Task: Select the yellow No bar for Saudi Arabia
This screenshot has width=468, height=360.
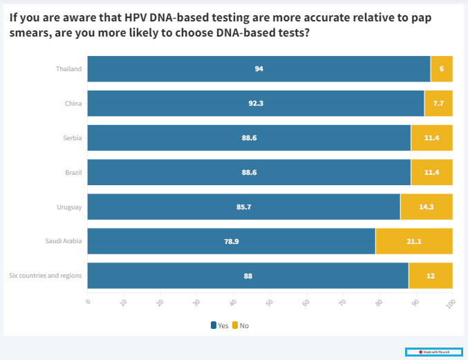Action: (414, 241)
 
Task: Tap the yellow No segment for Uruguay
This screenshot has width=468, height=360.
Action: (427, 207)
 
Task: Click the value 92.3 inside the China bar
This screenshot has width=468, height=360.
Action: (256, 103)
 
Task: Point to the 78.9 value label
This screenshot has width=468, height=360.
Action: (232, 241)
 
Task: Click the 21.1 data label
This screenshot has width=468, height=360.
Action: (414, 241)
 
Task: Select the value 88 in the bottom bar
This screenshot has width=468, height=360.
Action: (248, 276)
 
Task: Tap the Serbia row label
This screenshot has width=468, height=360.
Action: (72, 138)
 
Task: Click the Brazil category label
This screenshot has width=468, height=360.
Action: (73, 172)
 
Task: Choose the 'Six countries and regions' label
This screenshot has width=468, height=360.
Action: (46, 276)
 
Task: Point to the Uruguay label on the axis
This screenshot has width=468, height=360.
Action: (69, 207)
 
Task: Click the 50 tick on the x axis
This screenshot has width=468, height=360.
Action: (270, 302)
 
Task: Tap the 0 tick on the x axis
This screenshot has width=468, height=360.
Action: (88, 301)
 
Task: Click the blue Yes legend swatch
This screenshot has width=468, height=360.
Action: (214, 325)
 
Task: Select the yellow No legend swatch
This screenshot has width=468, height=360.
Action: (234, 325)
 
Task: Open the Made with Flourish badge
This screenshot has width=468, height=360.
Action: (433, 352)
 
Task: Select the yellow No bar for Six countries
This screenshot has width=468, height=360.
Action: (431, 276)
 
